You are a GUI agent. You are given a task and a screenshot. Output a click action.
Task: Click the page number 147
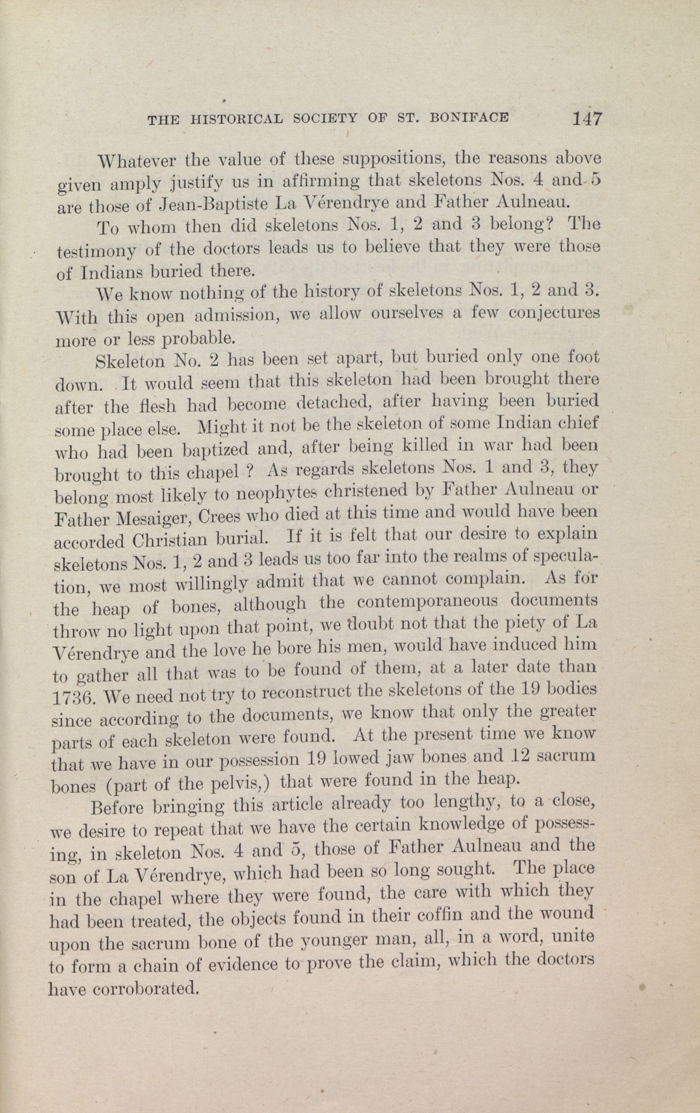(587, 119)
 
